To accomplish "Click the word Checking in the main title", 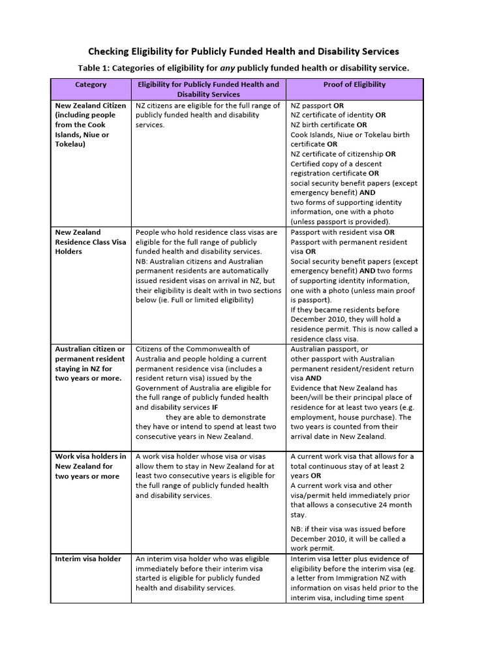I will coord(112,52).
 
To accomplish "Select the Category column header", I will coord(91,85).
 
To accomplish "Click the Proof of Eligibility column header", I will coord(354,85).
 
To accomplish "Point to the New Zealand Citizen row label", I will coord(91,105).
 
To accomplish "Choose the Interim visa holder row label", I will coord(88,559).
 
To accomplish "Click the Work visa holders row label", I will coord(91,457).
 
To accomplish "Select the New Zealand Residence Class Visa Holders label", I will coord(91,241).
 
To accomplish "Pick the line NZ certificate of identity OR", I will coord(338,115).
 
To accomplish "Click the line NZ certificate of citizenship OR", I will coord(343,154).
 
